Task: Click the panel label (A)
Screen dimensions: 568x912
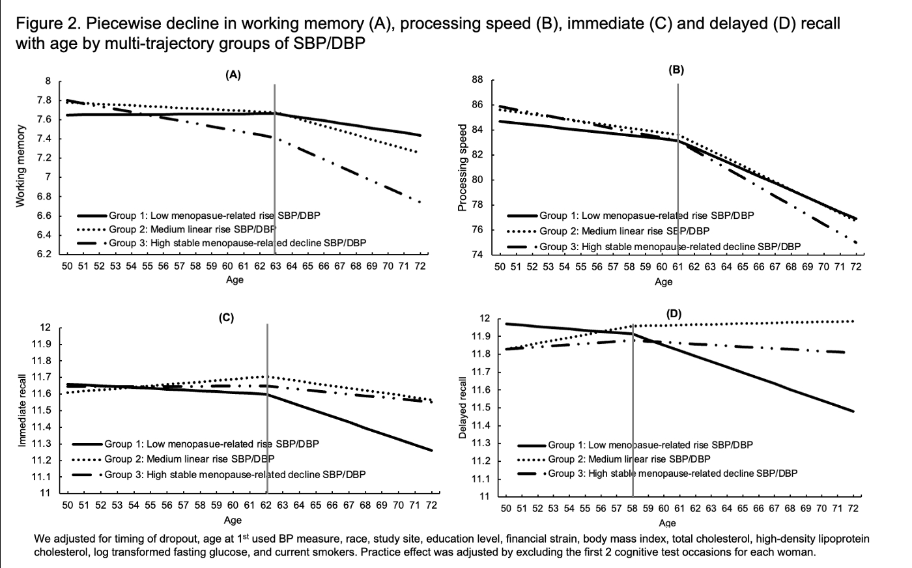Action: [x=233, y=75]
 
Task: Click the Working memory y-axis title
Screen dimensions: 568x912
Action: [x=21, y=167]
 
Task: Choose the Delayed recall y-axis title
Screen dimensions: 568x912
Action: [x=463, y=408]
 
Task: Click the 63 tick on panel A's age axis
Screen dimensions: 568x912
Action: [x=276, y=266]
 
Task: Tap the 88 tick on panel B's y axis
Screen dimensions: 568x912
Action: [x=477, y=80]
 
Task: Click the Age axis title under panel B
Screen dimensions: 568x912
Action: [x=664, y=282]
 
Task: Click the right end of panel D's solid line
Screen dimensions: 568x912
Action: [x=853, y=411]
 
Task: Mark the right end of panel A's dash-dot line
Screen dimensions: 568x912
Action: [x=420, y=203]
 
